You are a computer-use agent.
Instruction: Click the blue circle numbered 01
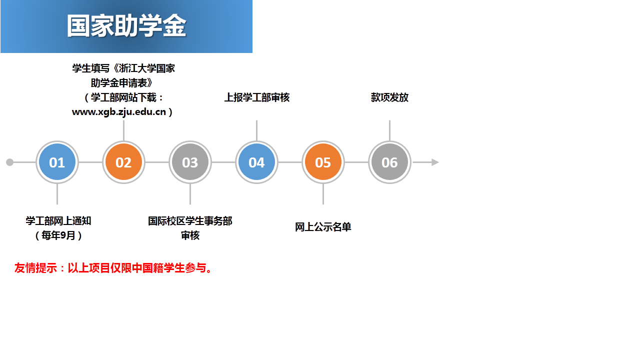click(57, 162)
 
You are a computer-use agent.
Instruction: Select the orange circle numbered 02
click(123, 162)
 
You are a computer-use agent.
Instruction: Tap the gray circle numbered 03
click(190, 162)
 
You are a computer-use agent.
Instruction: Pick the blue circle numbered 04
click(256, 162)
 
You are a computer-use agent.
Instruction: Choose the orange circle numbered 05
click(323, 162)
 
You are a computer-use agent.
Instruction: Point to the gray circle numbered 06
click(389, 162)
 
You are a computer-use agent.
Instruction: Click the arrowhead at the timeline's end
click(435, 162)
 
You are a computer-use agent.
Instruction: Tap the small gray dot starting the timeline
click(9, 162)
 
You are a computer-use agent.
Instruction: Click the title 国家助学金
click(126, 26)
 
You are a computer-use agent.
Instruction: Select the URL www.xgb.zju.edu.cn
click(119, 112)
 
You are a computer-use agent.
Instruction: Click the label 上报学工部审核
click(257, 97)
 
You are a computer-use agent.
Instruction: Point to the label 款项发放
click(389, 97)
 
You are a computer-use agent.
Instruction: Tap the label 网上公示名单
click(323, 227)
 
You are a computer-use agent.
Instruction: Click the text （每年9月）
click(58, 235)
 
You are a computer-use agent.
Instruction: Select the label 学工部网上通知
click(58, 221)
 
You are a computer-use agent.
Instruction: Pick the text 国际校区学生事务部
click(190, 221)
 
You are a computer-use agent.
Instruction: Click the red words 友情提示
click(35, 268)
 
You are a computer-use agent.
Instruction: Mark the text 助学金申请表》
click(122, 83)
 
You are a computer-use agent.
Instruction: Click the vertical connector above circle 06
click(389, 130)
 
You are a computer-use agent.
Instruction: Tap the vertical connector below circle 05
click(323, 194)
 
